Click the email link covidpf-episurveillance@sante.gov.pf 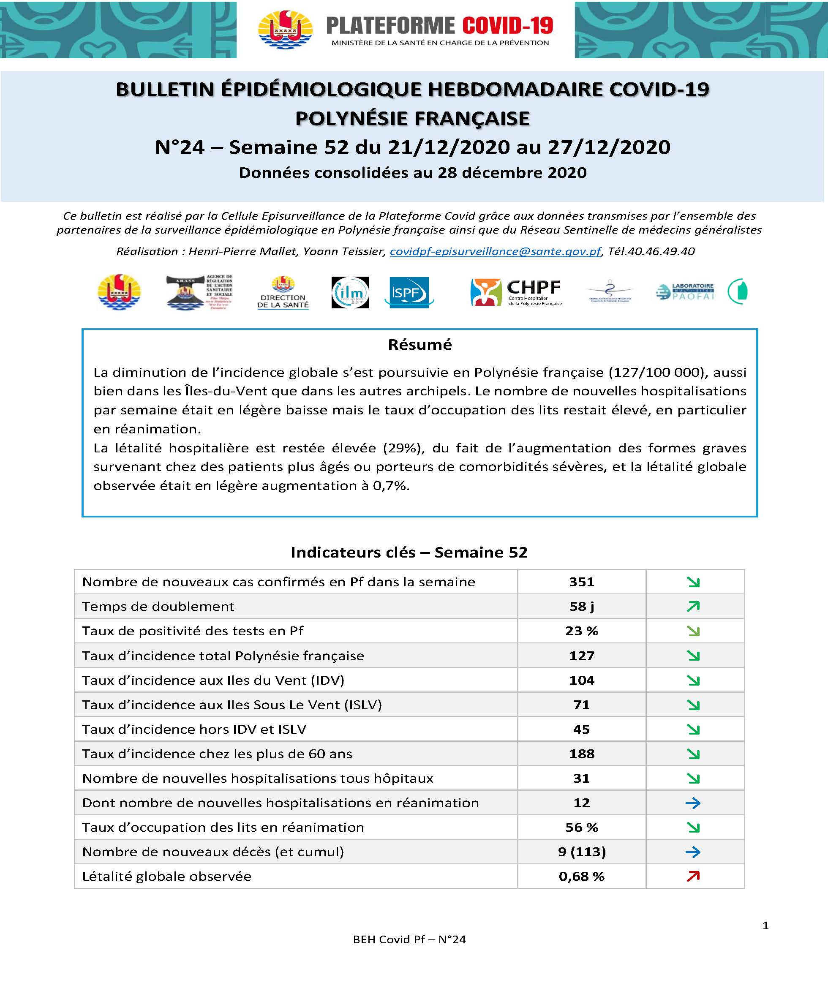[x=496, y=251]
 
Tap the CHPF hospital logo [x=516, y=292]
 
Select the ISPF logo [x=408, y=292]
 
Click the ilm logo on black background [x=350, y=292]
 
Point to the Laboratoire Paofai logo [x=684, y=292]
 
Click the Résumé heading [x=419, y=344]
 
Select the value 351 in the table [x=581, y=582]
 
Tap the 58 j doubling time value [x=581, y=607]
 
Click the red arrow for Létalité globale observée [x=693, y=876]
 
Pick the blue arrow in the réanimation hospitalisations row [x=693, y=803]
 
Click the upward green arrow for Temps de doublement [x=693, y=607]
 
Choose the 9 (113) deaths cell [x=581, y=852]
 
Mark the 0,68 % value [x=581, y=876]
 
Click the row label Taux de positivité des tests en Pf [x=193, y=631]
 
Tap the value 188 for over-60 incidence [x=581, y=754]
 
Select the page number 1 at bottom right [x=765, y=925]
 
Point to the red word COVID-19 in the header [x=508, y=25]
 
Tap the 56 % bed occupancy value [x=581, y=827]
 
